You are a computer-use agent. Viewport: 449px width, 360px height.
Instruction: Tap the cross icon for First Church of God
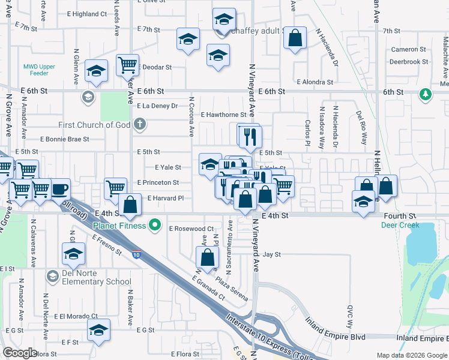coord(140,125)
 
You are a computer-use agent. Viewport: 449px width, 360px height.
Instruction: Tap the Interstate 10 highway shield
coord(137,254)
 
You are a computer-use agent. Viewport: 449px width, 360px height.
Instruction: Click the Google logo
coord(20,352)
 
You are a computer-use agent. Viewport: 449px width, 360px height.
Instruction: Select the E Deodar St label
coord(155,68)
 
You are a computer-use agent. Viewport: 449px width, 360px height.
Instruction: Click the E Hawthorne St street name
coord(223,114)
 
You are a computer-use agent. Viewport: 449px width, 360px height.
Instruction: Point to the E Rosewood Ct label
coord(192,229)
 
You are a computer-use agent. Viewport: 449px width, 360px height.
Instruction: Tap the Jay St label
coord(272,254)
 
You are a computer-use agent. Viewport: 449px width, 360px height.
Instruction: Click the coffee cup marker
coord(60,189)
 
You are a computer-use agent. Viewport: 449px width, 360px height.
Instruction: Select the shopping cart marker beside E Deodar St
coord(127,64)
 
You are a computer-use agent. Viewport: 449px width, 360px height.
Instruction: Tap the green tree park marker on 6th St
coord(426,94)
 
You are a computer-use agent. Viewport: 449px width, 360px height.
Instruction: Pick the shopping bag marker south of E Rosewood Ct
coord(207,257)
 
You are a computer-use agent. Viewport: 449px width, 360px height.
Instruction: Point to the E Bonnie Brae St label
coord(64,139)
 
